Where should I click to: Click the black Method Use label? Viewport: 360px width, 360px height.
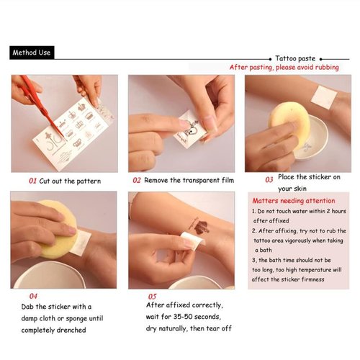[x=32, y=53]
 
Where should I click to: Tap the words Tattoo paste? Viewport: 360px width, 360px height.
[x=295, y=58]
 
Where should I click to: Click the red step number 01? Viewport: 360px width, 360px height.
[x=32, y=181]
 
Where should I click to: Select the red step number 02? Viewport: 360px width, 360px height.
[x=137, y=180]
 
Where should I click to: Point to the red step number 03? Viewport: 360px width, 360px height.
[x=269, y=180]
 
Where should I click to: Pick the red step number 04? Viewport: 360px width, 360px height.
[x=33, y=296]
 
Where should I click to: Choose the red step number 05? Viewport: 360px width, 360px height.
[x=152, y=297]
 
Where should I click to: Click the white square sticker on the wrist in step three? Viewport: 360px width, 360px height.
[x=323, y=98]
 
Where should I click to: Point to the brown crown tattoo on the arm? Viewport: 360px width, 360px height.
[x=201, y=228]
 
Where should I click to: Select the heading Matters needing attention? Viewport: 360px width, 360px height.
[x=294, y=201]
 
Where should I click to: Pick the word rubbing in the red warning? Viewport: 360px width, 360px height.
[x=327, y=68]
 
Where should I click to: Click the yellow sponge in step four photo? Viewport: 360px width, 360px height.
[x=58, y=230]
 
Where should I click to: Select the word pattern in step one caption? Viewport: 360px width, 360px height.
[x=89, y=181]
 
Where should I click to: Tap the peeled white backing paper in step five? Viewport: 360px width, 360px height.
[x=192, y=240]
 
